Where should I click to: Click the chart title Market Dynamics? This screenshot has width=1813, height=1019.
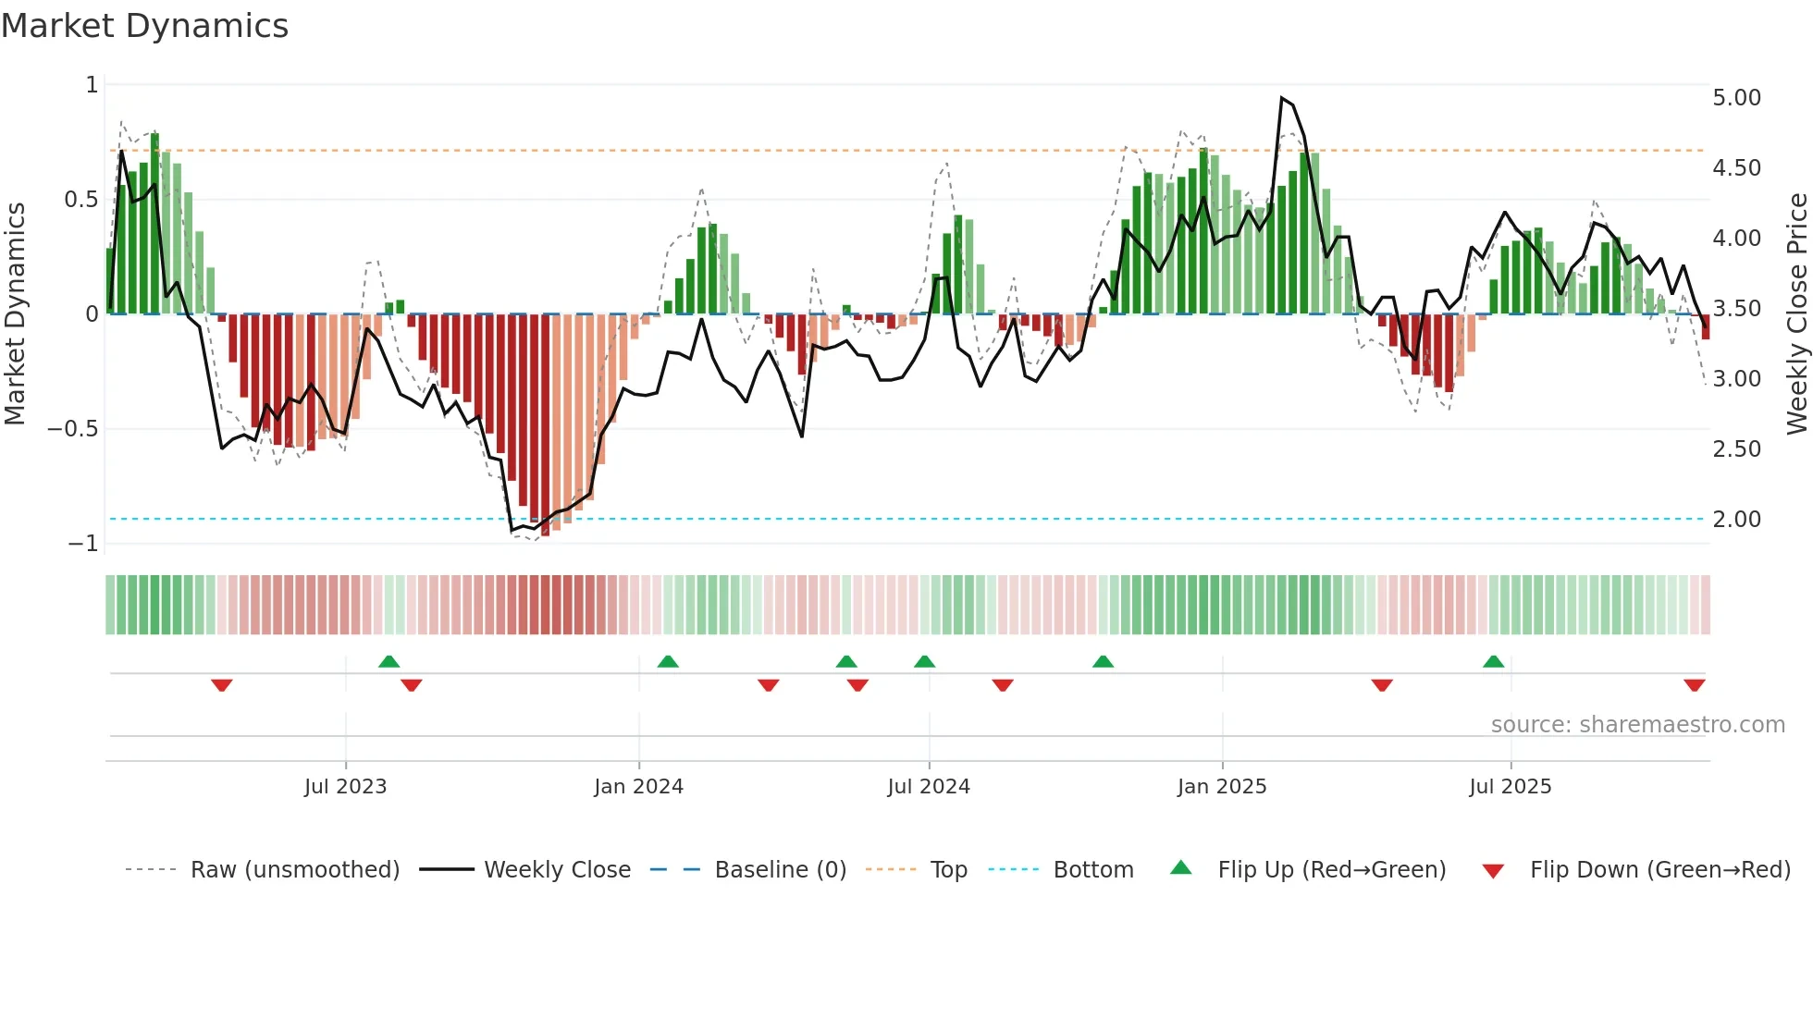pos(144,26)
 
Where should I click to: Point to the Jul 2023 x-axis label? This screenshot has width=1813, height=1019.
pos(345,787)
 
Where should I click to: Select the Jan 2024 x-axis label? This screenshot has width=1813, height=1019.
pos(638,787)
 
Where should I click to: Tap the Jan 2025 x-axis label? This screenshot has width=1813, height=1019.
pos(1221,787)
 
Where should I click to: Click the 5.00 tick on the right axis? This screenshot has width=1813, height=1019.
pos(1736,98)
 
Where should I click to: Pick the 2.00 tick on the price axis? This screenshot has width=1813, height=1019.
pos(1736,520)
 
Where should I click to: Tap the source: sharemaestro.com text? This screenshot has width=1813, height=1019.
pos(1637,725)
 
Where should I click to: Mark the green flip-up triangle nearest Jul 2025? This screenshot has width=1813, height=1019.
pos(1493,661)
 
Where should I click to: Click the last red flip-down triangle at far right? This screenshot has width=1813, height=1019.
pos(1694,685)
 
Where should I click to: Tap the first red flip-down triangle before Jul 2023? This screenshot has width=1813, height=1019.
pos(221,685)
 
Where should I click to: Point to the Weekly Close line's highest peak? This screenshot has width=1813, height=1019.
pos(1282,97)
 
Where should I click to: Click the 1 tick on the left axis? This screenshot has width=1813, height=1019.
pos(92,85)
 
